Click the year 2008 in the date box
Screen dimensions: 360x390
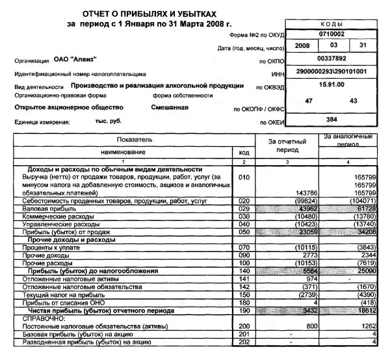click(x=302, y=46)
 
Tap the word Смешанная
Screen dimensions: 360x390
click(x=170, y=107)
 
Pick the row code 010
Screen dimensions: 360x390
click(x=244, y=177)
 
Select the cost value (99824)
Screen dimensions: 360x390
click(x=300, y=201)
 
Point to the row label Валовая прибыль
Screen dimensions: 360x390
click(x=49, y=209)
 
